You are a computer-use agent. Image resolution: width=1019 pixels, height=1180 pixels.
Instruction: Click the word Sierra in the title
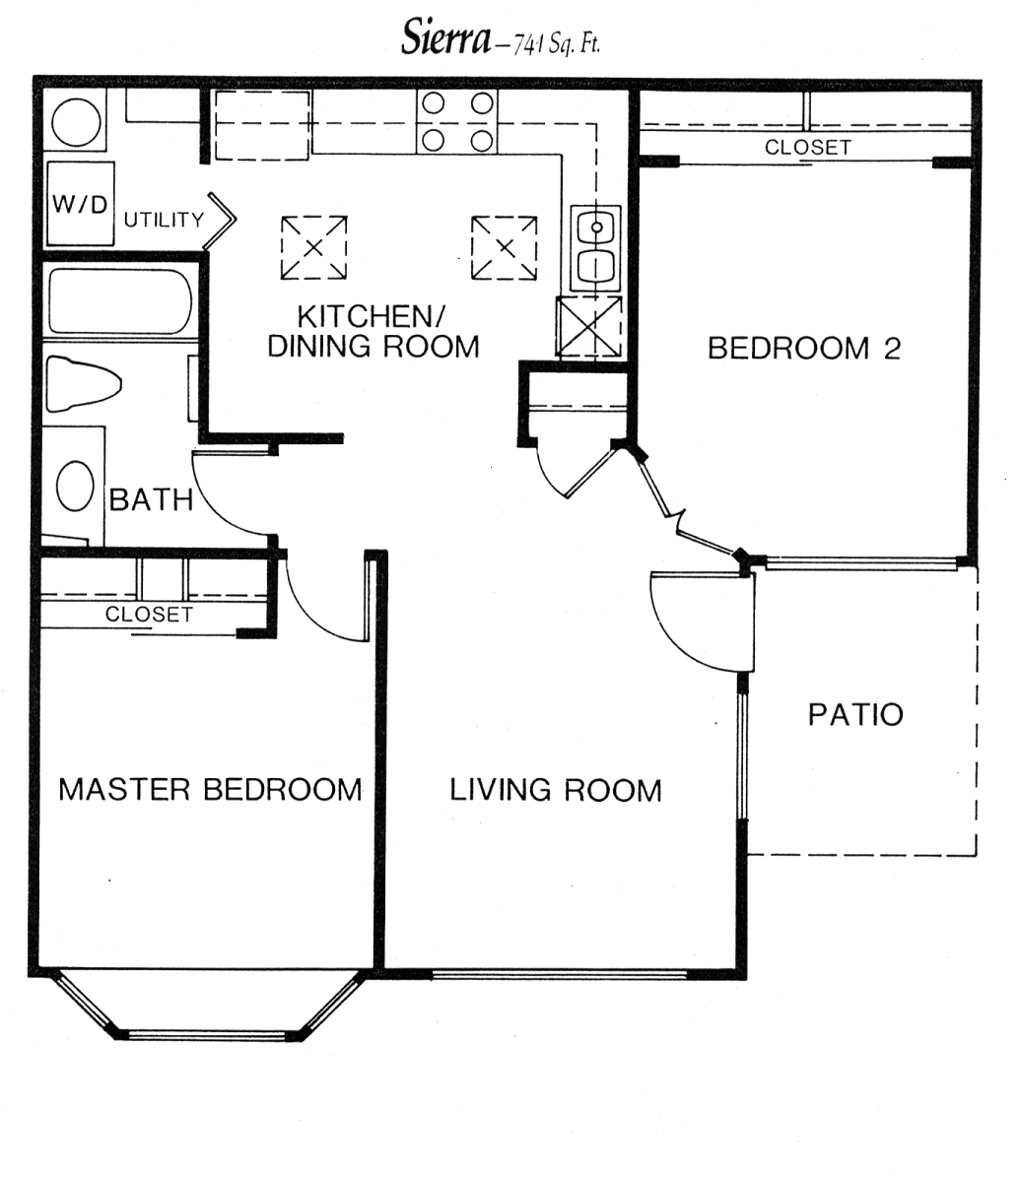[x=445, y=36]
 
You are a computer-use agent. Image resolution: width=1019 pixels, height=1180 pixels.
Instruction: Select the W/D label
[x=80, y=204]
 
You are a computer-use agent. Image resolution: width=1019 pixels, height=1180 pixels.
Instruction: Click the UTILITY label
[x=165, y=220]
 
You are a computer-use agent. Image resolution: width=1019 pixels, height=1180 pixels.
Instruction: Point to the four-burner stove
[x=457, y=121]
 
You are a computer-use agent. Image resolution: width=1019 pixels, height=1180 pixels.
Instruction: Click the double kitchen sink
[x=596, y=247]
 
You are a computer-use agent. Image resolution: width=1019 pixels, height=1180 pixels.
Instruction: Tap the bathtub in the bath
[x=120, y=301]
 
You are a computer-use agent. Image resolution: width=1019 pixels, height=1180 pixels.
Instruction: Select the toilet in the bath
[x=84, y=384]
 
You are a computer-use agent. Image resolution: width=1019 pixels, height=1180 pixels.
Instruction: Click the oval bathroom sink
[x=75, y=486]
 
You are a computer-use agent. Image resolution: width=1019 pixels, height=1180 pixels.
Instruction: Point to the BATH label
[x=152, y=499]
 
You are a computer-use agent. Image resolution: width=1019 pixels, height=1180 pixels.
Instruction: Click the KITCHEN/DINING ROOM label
[x=374, y=331]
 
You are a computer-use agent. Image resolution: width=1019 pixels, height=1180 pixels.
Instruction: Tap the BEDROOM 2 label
[x=804, y=349]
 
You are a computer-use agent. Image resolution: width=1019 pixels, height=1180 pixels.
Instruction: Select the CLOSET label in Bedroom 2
[x=808, y=148]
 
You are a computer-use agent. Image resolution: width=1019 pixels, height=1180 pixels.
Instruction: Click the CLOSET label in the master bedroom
[x=149, y=614]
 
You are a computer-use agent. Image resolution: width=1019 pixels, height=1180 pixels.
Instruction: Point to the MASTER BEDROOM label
[x=210, y=789]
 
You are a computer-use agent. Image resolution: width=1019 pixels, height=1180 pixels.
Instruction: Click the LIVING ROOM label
[x=556, y=790]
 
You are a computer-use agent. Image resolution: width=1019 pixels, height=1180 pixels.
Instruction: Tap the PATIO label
[x=855, y=715]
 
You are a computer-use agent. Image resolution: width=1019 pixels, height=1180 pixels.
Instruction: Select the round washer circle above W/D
[x=76, y=120]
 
